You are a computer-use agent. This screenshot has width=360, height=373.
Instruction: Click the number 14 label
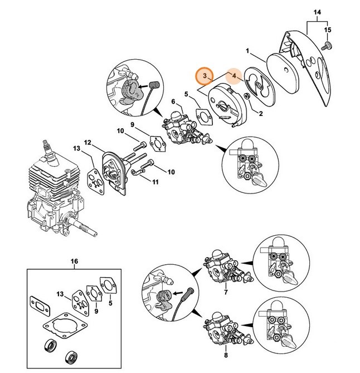point(317,12)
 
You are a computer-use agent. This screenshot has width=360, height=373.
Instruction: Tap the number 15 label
point(328,29)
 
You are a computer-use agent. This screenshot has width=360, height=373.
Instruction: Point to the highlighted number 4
point(235,76)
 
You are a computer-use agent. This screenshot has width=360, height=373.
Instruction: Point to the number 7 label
point(225,292)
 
